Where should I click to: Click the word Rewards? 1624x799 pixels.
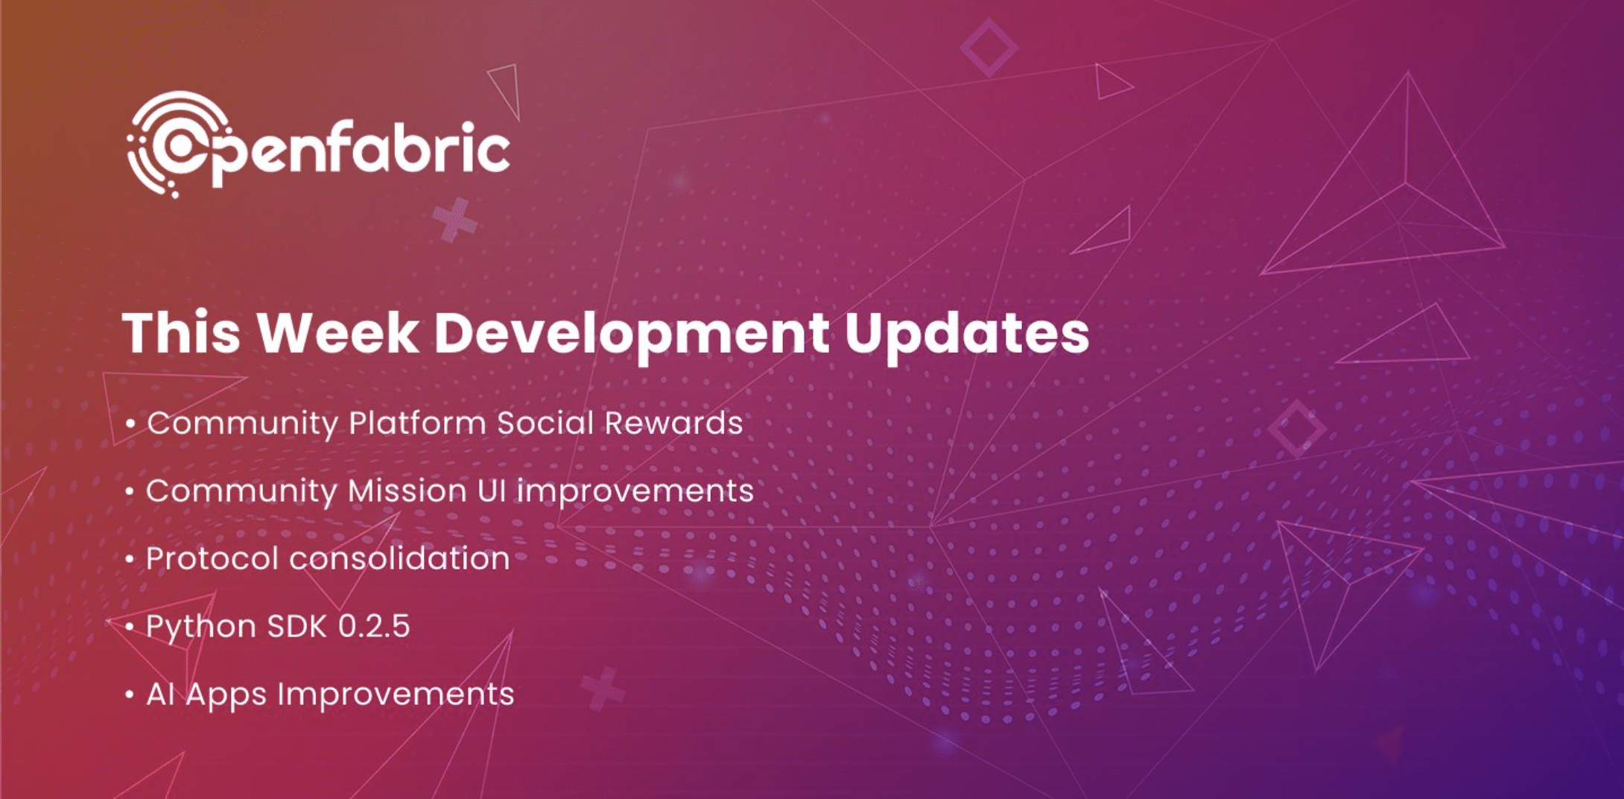tap(673, 423)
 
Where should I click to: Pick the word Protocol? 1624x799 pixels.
tap(212, 558)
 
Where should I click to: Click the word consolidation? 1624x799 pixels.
tap(400, 558)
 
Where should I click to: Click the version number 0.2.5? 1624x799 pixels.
tap(374, 626)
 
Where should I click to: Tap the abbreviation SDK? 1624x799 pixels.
tap(297, 626)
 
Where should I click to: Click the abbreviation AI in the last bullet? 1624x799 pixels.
tap(160, 694)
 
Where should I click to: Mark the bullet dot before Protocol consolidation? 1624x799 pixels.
tap(130, 560)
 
